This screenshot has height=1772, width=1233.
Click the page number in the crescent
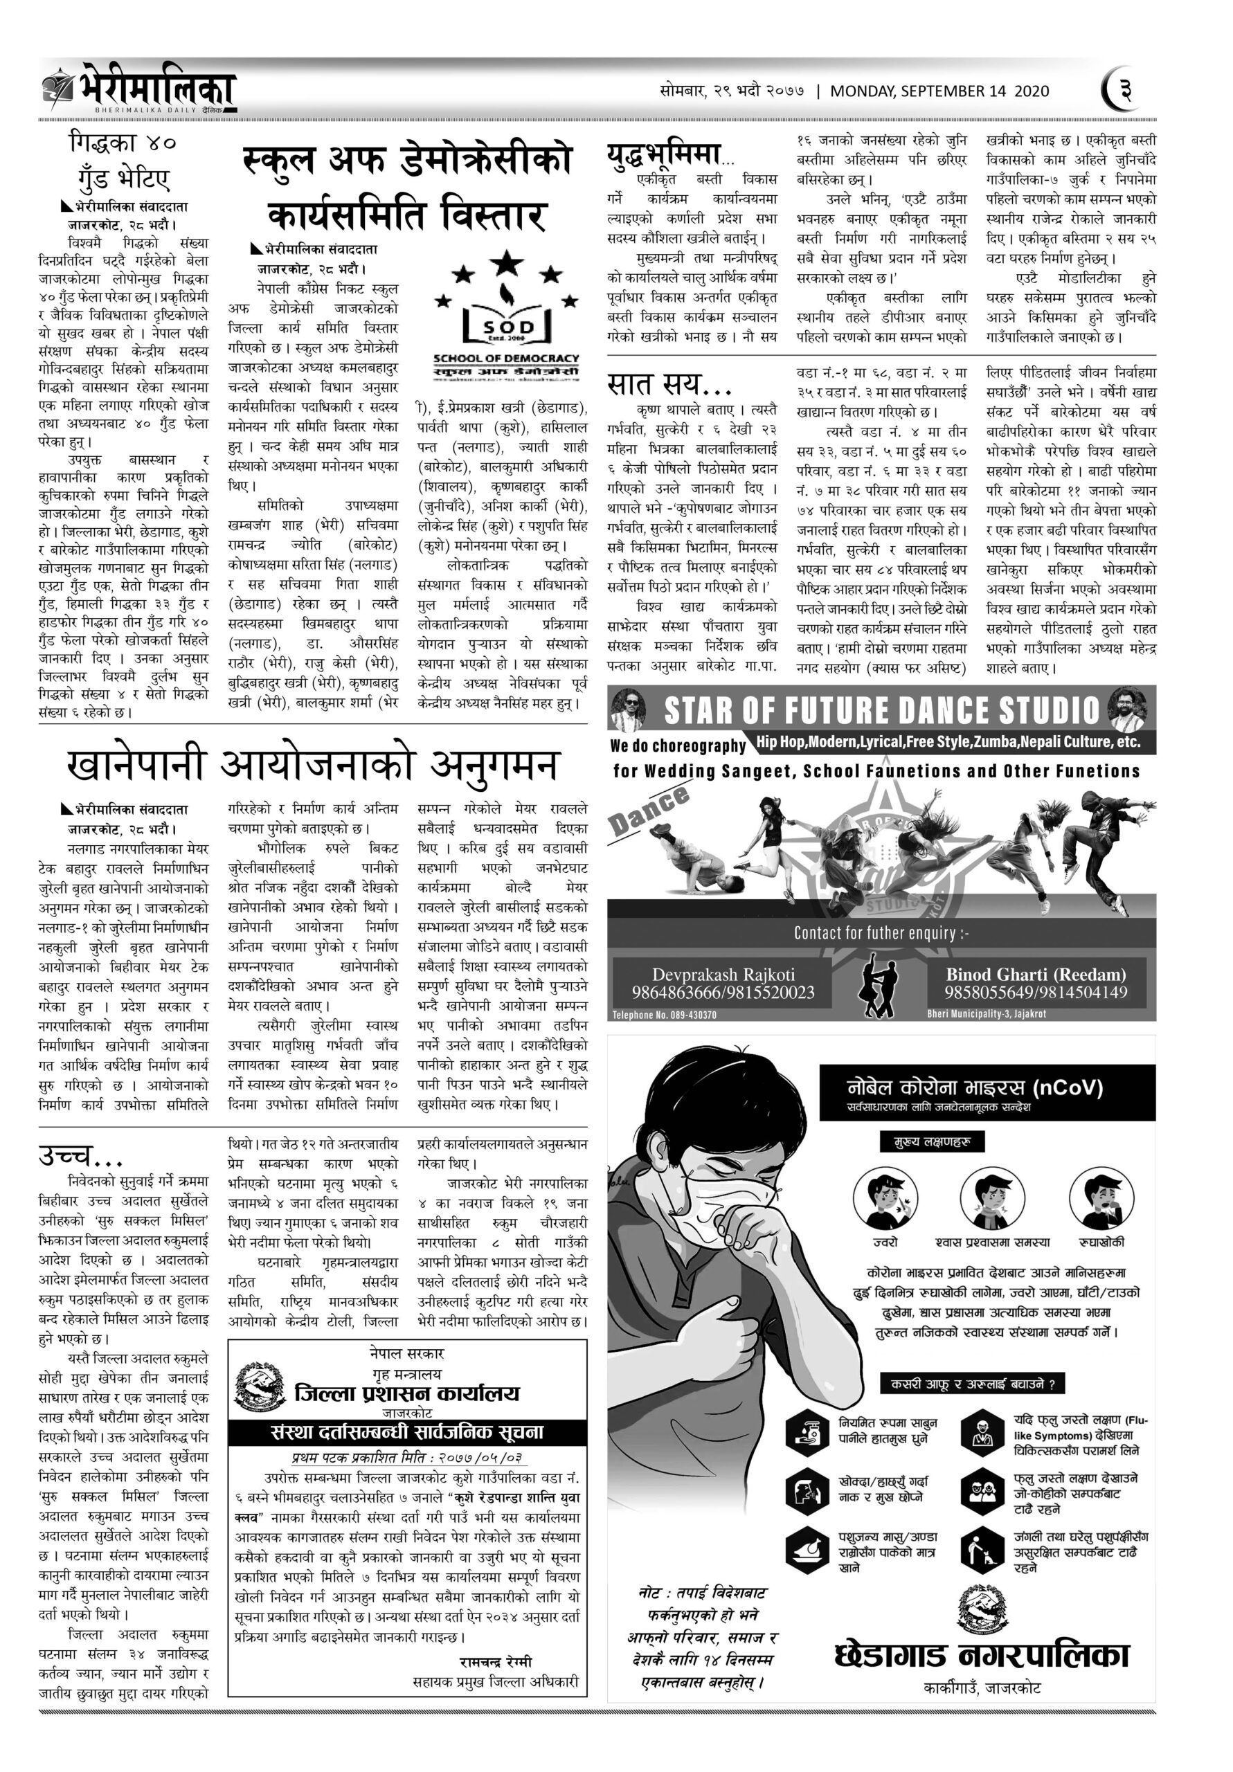click(x=1124, y=90)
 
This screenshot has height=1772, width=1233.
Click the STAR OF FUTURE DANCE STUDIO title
click(x=881, y=710)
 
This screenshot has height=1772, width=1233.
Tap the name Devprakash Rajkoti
click(x=723, y=974)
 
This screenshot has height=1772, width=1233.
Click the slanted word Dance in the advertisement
click(x=649, y=811)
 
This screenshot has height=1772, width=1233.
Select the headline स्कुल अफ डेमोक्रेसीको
click(x=407, y=160)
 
